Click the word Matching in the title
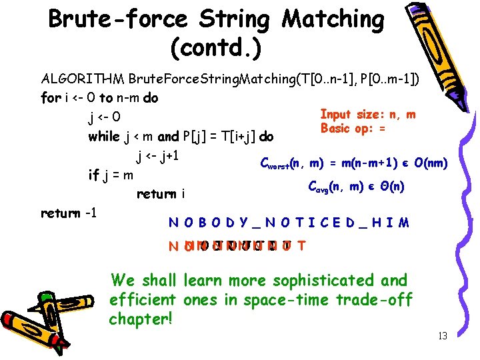pos(333,20)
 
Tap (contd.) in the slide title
pos(216,48)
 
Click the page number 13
pos(442,336)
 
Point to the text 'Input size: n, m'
pos(368,115)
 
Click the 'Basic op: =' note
pos(353,128)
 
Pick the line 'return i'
pos(160,195)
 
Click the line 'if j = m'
pos(111,175)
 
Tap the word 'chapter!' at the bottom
pos(141,319)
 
